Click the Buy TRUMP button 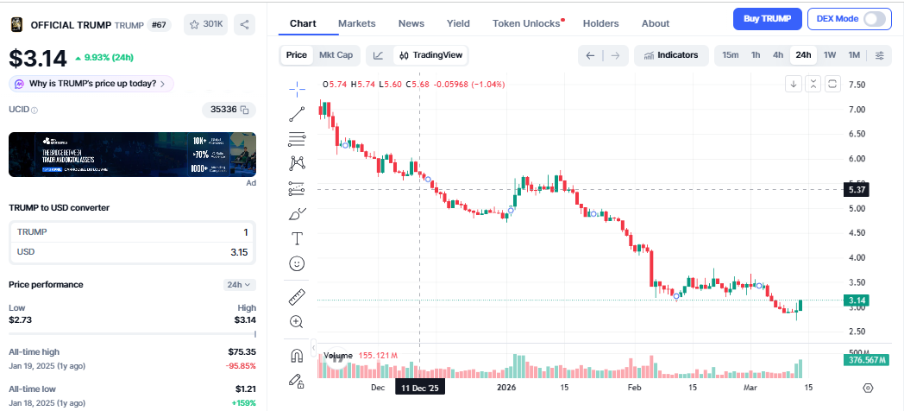pos(767,18)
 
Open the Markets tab pos(356,23)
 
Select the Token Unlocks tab pos(526,23)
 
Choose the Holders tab pos(600,23)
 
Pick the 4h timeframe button pos(778,55)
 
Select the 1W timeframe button pos(830,55)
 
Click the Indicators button pos(671,55)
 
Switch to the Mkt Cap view pos(336,55)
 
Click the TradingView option pos(430,55)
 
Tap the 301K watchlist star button pos(206,25)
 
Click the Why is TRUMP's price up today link pos(91,84)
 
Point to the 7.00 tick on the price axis pos(857,110)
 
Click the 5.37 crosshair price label pos(857,189)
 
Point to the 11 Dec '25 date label pos(420,389)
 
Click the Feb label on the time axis pos(635,389)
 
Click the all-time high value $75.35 pos(241,351)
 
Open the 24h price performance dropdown pos(237,284)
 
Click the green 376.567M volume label pos(866,360)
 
